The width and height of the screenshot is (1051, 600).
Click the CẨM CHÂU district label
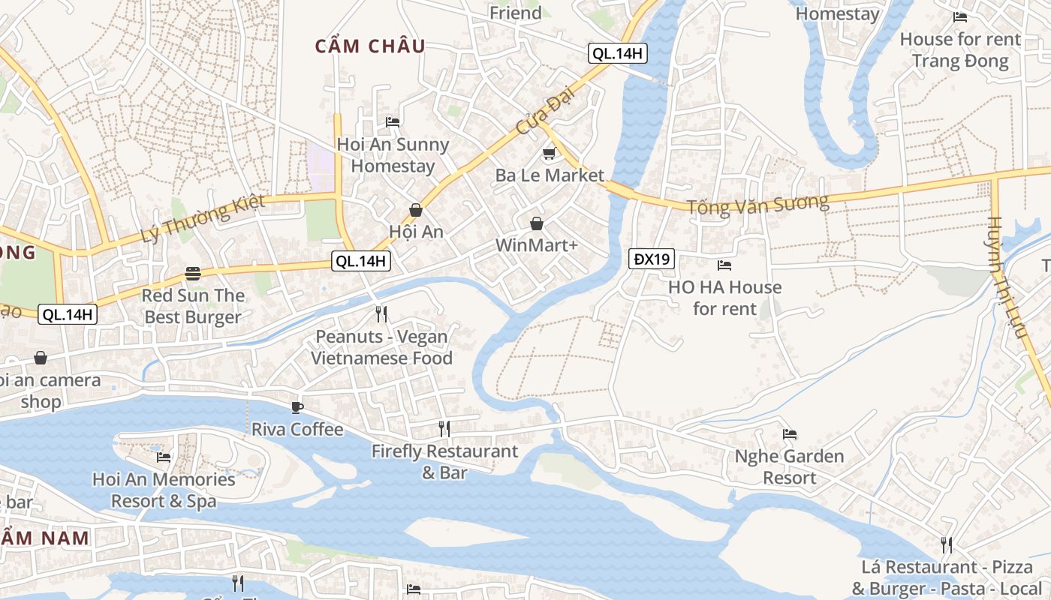(370, 46)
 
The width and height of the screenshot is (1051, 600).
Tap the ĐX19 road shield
(651, 259)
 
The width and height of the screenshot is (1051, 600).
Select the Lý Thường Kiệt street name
(203, 218)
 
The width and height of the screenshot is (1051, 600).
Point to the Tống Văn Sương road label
(757, 205)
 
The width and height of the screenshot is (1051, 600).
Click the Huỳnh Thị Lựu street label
(1006, 277)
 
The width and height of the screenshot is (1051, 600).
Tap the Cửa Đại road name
(540, 116)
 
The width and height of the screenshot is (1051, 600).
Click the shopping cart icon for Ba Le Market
(549, 154)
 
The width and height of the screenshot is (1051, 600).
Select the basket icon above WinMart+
(536, 223)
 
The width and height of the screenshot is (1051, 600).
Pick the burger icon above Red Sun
(193, 274)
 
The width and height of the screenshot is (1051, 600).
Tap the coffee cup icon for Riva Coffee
(297, 407)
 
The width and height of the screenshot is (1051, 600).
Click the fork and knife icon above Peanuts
(381, 313)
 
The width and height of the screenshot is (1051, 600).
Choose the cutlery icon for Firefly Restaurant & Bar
(444, 429)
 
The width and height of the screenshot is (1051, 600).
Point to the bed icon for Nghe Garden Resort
(789, 433)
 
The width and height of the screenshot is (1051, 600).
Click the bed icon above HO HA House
(724, 265)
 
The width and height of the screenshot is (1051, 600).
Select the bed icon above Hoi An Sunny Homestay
(392, 121)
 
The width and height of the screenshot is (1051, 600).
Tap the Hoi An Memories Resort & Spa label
(164, 490)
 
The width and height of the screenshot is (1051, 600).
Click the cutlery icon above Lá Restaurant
(946, 544)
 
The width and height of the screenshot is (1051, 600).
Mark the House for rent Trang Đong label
(960, 49)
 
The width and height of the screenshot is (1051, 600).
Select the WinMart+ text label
(536, 245)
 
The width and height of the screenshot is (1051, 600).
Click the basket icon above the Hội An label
(415, 210)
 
